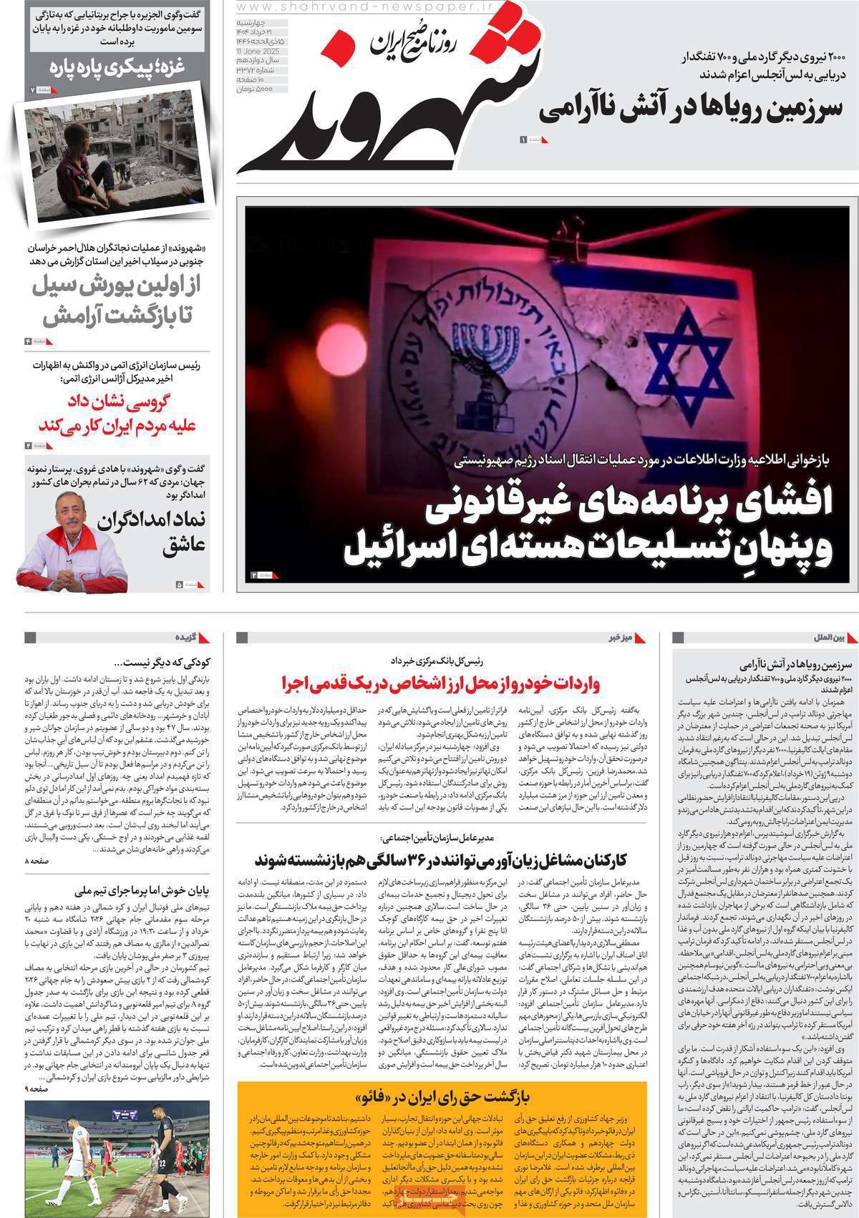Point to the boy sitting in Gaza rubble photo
click(82, 154)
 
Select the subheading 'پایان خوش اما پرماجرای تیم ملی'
click(143, 891)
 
